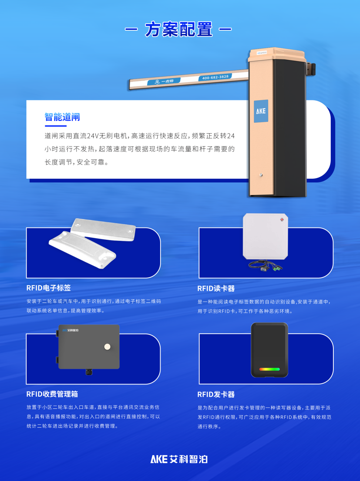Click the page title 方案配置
[x=179, y=29]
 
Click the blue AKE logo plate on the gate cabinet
[x=261, y=111]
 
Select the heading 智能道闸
[x=62, y=117]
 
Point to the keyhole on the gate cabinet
[x=261, y=175]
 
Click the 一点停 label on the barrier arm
[x=164, y=81]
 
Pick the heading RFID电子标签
[x=48, y=288]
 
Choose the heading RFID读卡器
[x=216, y=289]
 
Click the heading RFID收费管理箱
[x=52, y=394]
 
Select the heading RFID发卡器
[x=216, y=394]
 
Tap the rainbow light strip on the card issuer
[x=269, y=369]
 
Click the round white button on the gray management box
[x=107, y=347]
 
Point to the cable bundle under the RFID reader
[x=266, y=265]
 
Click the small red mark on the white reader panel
[x=282, y=220]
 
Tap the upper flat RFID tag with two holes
[x=103, y=229]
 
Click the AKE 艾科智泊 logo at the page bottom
[x=179, y=459]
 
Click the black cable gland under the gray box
[x=89, y=371]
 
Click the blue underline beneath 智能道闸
[x=55, y=126]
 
